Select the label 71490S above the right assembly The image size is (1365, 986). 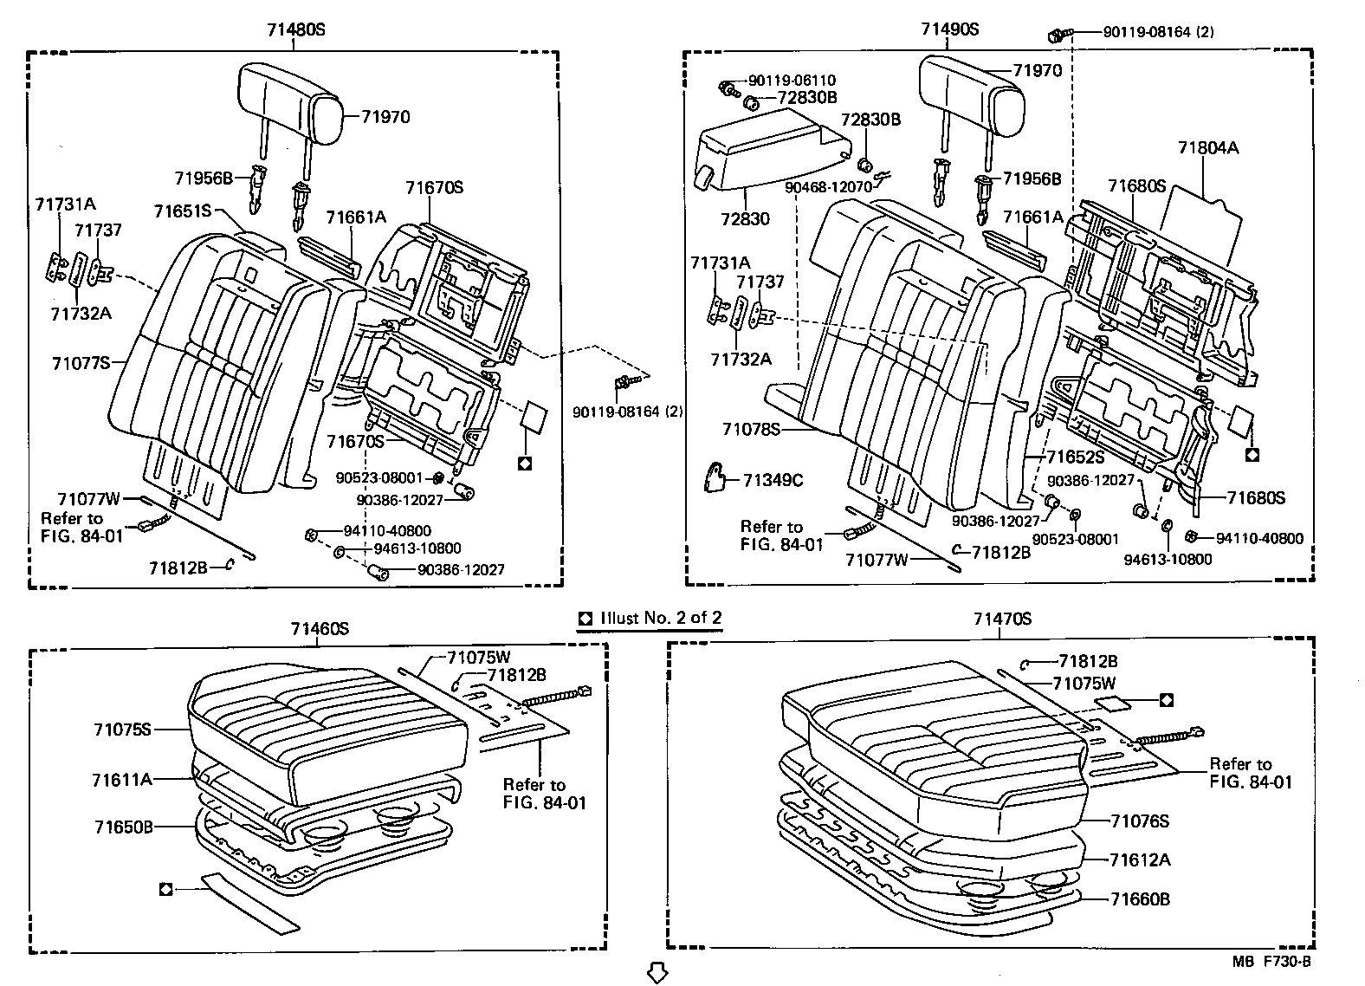(x=949, y=29)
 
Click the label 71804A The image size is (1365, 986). (x=1207, y=148)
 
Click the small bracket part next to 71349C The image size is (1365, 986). (x=716, y=477)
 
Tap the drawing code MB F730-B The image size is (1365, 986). (x=1272, y=962)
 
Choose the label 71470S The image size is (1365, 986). (x=1002, y=619)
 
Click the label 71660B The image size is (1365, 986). (x=1141, y=899)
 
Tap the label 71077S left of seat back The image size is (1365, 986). (x=81, y=363)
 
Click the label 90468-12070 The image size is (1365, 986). (x=828, y=187)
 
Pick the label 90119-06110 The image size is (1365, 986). (x=792, y=81)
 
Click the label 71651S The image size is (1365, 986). (x=183, y=211)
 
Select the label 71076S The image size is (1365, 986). (x=1140, y=821)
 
